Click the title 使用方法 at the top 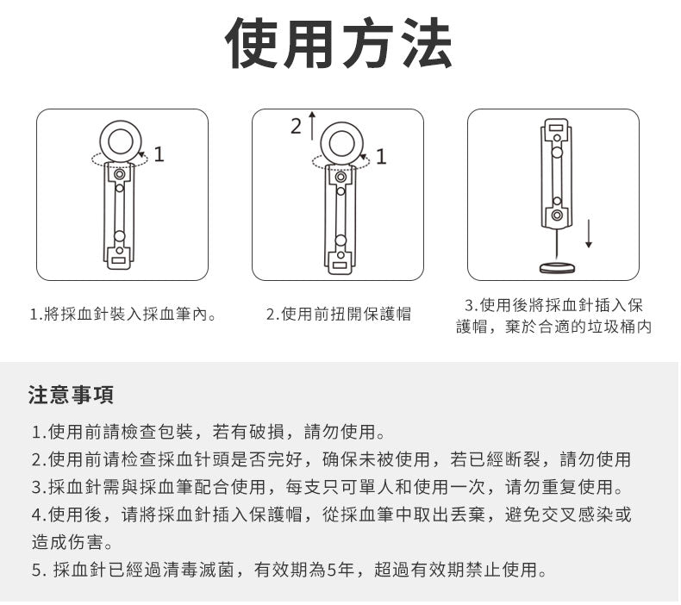tap(339, 44)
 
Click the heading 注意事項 tap(71, 396)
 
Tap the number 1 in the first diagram tap(159, 154)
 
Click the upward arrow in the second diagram tap(312, 125)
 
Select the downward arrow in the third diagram tap(589, 234)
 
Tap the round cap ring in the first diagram tap(119, 138)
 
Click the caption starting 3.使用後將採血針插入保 tap(553, 306)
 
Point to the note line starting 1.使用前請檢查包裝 tap(207, 430)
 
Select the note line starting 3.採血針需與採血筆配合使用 tap(328, 486)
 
